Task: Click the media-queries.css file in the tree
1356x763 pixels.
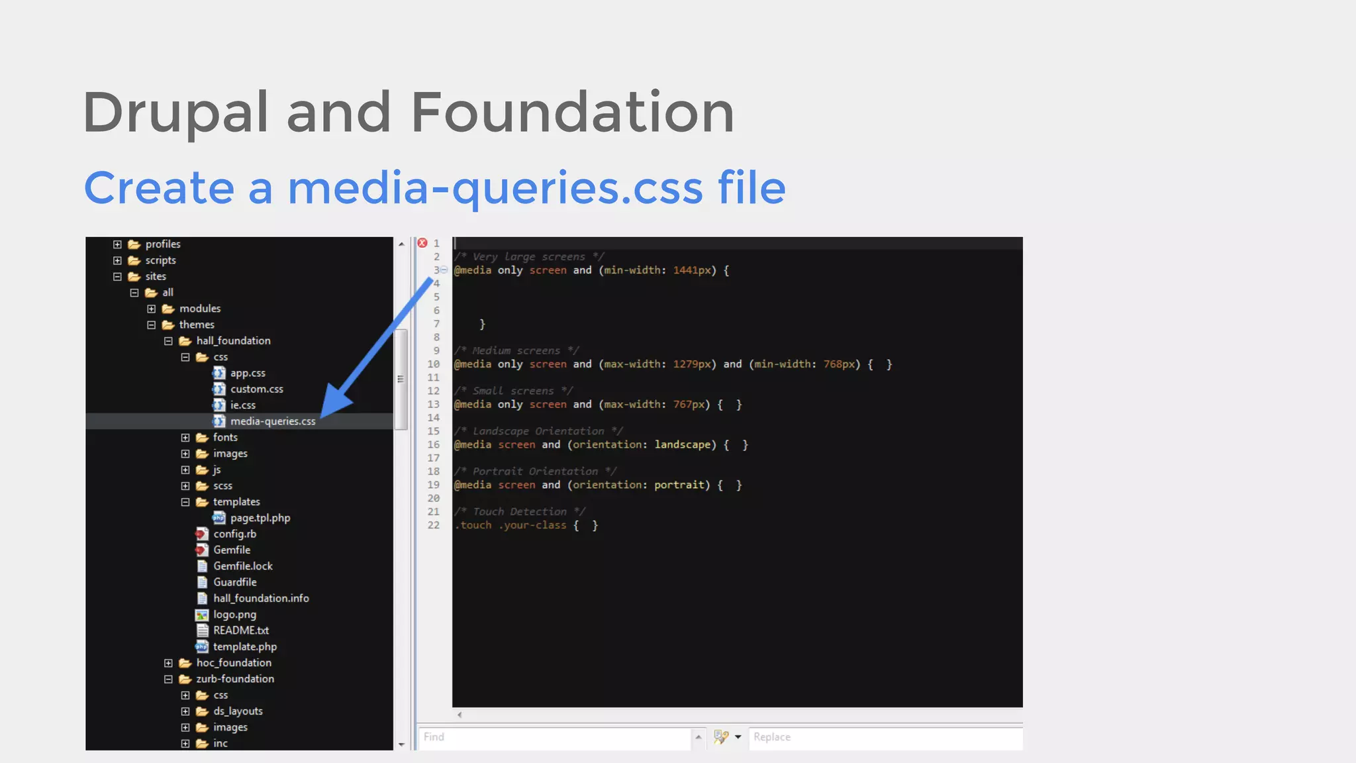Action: (272, 421)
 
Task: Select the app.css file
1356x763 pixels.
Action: (248, 373)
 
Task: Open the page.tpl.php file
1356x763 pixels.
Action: (260, 518)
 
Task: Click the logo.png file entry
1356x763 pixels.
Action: (234, 615)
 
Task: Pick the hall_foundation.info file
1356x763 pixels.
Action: (261, 598)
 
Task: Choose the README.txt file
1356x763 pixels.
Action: (241, 631)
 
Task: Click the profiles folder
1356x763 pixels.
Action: (162, 244)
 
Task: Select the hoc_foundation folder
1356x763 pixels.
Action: (233, 663)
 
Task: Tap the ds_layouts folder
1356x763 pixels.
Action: (238, 711)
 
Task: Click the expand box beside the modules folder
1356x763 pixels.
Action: (152, 309)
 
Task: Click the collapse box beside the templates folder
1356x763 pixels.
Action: (185, 502)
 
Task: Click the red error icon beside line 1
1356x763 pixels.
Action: (422, 243)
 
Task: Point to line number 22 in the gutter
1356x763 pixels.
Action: (434, 525)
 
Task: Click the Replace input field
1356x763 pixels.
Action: (885, 737)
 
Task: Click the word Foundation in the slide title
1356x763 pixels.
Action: (572, 113)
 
